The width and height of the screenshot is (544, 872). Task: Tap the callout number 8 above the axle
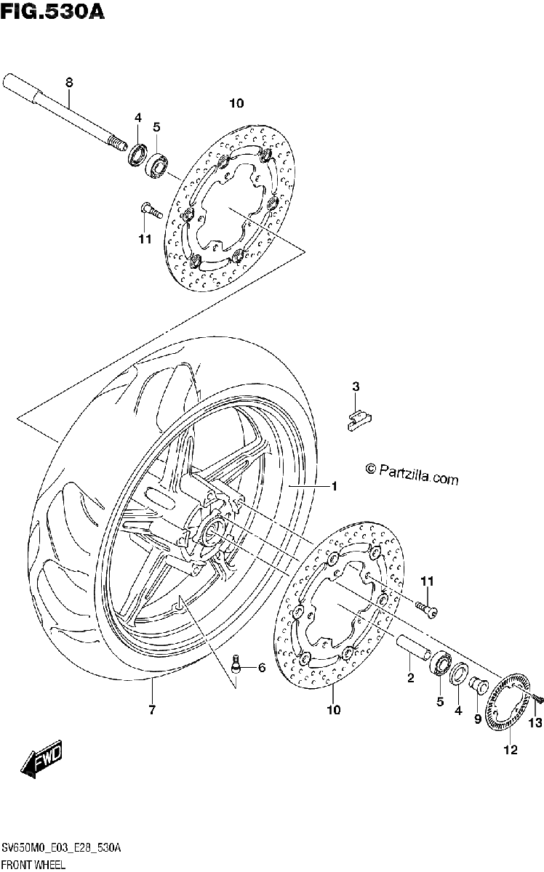(x=69, y=83)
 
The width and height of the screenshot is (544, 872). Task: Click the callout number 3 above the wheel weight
(x=356, y=387)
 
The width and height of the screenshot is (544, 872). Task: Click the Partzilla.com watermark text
(x=412, y=473)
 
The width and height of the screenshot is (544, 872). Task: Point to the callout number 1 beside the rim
(x=334, y=486)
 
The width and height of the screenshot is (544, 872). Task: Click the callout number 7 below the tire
(x=152, y=709)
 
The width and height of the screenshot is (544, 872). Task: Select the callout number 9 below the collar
(x=478, y=719)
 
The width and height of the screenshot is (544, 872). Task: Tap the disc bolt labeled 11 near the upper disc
(x=150, y=211)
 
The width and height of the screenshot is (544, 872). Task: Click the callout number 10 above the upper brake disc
(x=236, y=103)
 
